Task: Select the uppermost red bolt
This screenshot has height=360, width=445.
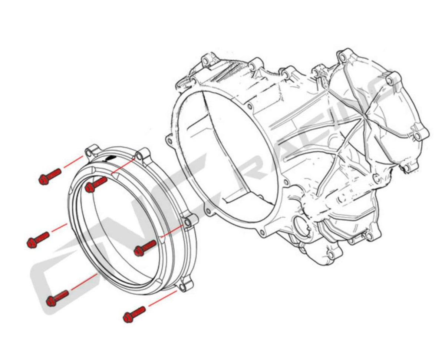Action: (x=50, y=176)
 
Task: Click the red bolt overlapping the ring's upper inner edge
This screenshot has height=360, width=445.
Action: (x=96, y=185)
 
